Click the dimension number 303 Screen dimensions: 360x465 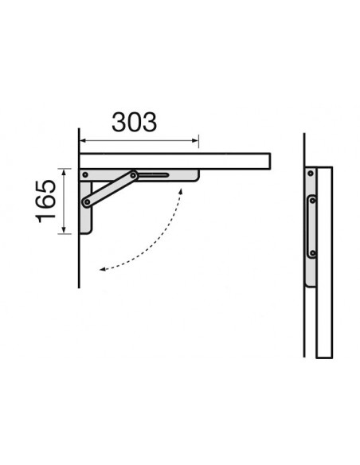[x=134, y=122]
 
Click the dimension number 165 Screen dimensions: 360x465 [x=45, y=201]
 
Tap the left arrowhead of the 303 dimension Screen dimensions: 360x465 [x=83, y=141]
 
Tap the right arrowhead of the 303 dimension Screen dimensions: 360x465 [x=195, y=141]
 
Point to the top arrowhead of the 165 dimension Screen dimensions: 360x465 [x=64, y=171]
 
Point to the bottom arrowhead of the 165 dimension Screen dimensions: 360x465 [x=64, y=230]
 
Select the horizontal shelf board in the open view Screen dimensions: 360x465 [x=175, y=162]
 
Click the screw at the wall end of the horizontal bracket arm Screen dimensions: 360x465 [x=85, y=175]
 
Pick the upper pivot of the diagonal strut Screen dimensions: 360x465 [x=133, y=175]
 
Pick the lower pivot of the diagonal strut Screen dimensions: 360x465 [x=87, y=202]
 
